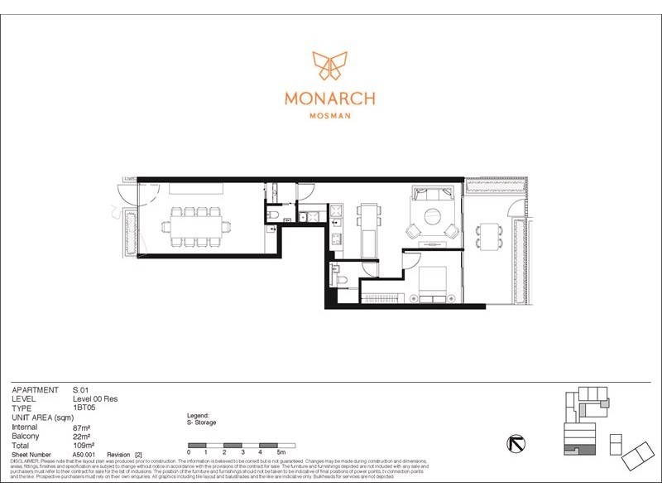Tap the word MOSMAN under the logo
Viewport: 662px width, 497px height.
click(330, 116)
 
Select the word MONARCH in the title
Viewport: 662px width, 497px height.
click(330, 98)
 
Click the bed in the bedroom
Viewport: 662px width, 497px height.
click(432, 284)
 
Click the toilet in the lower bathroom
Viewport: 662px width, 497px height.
click(341, 279)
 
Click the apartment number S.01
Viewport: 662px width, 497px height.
click(81, 389)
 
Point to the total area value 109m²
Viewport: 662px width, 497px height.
click(84, 446)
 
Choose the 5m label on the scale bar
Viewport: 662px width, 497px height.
click(281, 452)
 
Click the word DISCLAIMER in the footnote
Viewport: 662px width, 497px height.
click(26, 461)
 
